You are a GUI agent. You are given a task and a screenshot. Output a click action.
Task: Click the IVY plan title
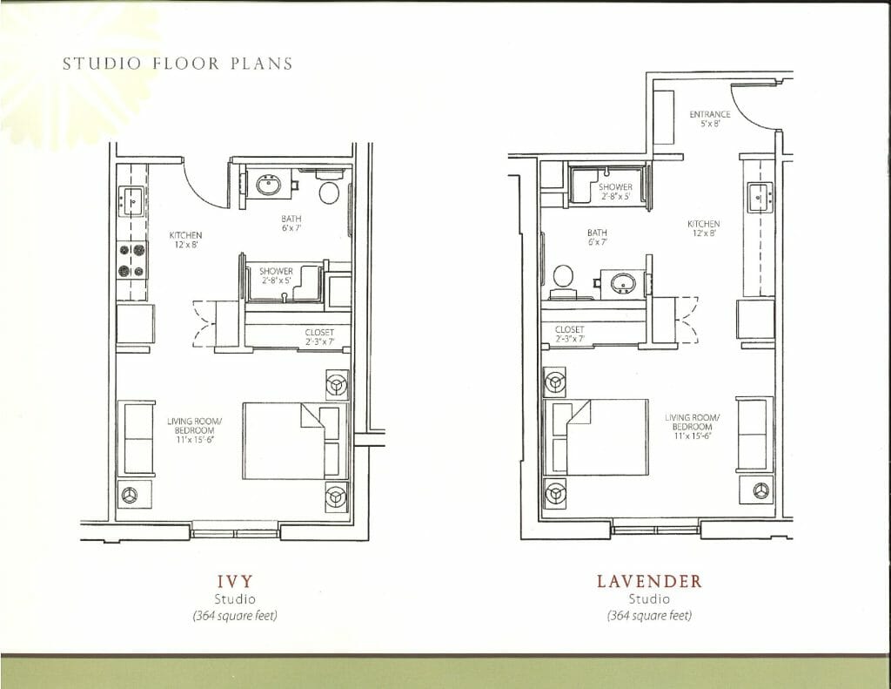coord(235,581)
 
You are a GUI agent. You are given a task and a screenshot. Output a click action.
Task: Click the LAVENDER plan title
coord(649,581)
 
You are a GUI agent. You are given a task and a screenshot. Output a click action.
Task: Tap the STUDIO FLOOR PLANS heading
coord(178,64)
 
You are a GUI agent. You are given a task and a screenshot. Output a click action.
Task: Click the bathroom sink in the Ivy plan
coord(268,185)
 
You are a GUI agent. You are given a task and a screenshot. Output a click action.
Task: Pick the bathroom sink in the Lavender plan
coord(623,283)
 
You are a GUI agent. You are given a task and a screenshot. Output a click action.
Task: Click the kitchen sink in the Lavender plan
coord(760,196)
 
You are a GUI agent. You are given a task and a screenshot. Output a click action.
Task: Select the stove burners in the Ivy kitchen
coord(132,260)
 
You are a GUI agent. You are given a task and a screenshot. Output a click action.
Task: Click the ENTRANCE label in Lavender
coord(710,118)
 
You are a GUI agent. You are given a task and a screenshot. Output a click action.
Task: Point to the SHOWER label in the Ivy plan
coord(276,275)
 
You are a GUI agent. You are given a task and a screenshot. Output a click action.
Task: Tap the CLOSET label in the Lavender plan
coord(570,334)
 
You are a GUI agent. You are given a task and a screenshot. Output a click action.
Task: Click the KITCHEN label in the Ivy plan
coord(186,240)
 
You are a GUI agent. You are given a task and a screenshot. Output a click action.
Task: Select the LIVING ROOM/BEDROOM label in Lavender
coord(692,426)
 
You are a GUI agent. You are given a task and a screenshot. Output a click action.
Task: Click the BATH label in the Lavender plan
coord(597,237)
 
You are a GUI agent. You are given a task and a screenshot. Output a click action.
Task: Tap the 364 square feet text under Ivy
coord(235,615)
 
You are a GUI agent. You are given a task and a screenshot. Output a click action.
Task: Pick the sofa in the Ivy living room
coord(137,438)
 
